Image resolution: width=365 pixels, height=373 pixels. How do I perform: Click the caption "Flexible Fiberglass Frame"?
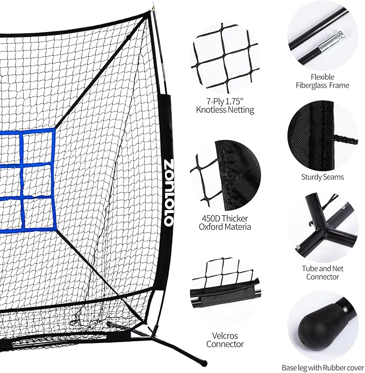(322, 81)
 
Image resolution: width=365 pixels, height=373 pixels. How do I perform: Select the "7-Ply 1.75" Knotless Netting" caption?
(225, 105)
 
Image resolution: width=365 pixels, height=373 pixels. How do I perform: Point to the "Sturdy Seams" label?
(323, 176)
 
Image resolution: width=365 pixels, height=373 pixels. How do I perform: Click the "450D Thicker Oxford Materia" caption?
(225, 222)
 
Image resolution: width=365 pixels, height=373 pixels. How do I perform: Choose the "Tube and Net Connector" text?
(323, 272)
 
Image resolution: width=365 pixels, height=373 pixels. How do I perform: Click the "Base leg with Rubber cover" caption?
(323, 368)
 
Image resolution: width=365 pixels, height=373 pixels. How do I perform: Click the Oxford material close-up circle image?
(225, 174)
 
